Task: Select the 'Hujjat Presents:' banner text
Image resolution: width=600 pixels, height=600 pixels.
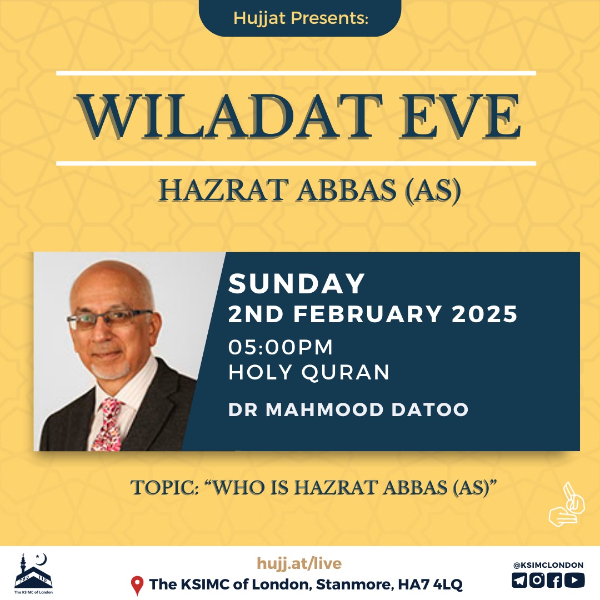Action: click(301, 18)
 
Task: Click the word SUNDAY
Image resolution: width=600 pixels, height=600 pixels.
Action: click(297, 283)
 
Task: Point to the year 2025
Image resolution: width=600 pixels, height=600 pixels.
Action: click(485, 314)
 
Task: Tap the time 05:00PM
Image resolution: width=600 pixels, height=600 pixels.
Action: click(281, 347)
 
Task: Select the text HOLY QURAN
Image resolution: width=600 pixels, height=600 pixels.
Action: click(309, 372)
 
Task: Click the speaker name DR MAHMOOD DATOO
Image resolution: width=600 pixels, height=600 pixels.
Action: click(348, 409)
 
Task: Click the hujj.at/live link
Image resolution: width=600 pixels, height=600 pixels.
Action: click(299, 563)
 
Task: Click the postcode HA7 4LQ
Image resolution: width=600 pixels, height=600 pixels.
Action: click(431, 584)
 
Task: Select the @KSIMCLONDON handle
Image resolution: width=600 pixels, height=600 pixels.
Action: click(548, 565)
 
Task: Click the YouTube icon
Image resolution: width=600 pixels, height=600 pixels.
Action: click(575, 580)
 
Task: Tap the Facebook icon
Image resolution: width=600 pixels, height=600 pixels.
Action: click(555, 580)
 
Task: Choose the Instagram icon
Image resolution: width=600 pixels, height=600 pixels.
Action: click(537, 580)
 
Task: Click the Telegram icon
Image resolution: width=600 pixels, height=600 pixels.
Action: click(519, 580)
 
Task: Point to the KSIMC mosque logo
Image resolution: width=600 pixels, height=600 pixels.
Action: click(34, 573)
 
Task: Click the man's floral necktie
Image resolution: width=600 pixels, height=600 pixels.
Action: click(109, 424)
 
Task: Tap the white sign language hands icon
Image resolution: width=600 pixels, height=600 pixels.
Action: click(567, 504)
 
